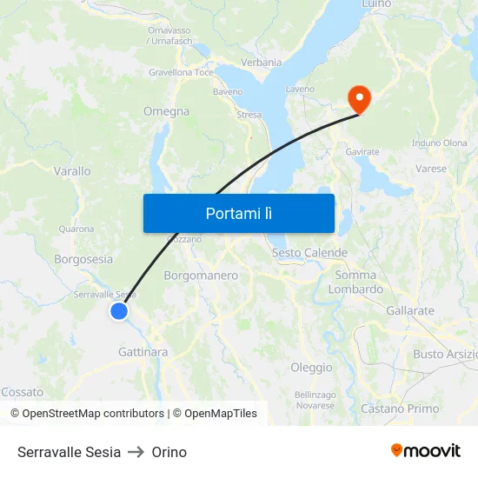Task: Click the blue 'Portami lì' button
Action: [x=239, y=213]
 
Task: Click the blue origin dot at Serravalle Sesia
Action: [x=119, y=311]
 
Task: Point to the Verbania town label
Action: [x=261, y=63]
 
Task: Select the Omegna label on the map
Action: [x=166, y=111]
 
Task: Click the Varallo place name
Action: [x=72, y=171]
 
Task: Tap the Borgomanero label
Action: [x=201, y=276]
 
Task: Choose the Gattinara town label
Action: [x=143, y=352]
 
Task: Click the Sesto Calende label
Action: [x=309, y=253]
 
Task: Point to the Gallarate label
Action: [x=410, y=310]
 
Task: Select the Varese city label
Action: [x=431, y=169]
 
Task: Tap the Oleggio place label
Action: [x=311, y=368]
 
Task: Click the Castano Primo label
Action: [x=400, y=408]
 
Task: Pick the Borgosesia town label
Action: [x=83, y=259]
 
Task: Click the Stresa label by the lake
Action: [x=249, y=115]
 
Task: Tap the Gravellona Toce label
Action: [x=181, y=72]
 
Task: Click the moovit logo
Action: [x=426, y=451]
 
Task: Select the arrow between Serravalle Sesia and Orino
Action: [x=136, y=452]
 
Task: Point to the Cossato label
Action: [x=23, y=393]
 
